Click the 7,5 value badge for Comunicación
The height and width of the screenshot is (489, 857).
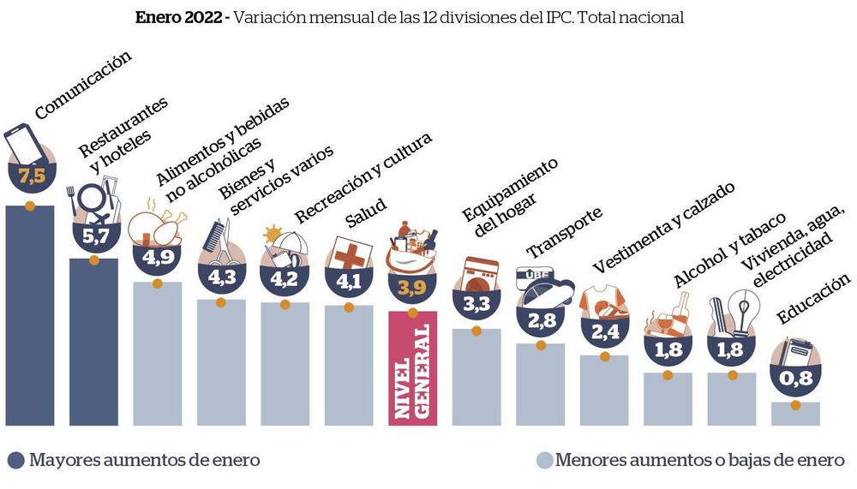(x=30, y=178)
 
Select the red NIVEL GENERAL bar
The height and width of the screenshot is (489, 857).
(x=413, y=367)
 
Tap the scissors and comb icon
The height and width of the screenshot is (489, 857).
(x=218, y=243)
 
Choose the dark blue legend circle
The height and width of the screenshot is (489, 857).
(x=15, y=460)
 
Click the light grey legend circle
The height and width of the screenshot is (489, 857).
(x=543, y=460)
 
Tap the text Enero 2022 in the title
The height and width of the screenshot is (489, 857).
(x=178, y=18)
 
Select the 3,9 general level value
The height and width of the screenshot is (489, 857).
(x=413, y=287)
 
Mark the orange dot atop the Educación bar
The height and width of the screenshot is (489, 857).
(x=795, y=404)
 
